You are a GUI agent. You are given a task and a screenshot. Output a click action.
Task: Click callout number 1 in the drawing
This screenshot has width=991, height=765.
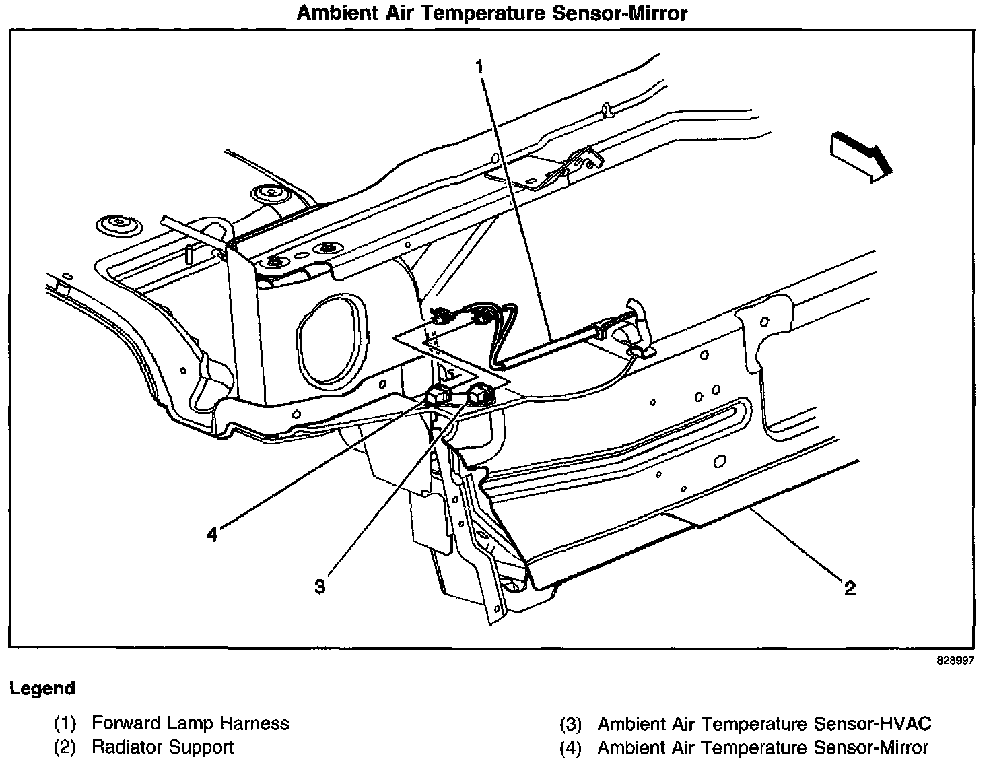(x=479, y=67)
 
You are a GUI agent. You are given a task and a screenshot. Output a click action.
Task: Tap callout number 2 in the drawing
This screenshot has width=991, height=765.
(x=850, y=589)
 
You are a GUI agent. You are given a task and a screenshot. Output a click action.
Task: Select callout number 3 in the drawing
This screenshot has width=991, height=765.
(x=320, y=586)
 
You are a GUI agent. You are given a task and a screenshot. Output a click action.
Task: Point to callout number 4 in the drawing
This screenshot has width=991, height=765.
(x=212, y=534)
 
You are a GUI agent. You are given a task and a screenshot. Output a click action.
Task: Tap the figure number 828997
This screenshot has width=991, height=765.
(x=955, y=660)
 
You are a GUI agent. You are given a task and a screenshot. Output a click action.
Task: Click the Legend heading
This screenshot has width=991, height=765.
(x=42, y=688)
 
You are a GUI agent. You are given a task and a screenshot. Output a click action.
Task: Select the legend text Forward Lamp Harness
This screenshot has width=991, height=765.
(x=190, y=723)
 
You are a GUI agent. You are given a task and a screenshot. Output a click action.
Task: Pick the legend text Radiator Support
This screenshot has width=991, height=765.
(x=163, y=747)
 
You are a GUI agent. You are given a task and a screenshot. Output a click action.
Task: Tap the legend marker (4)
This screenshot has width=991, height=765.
(x=571, y=748)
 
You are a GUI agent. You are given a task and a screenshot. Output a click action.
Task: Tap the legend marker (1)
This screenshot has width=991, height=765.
(x=65, y=724)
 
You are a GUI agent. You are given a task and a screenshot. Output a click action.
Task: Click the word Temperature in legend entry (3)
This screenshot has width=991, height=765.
(x=756, y=723)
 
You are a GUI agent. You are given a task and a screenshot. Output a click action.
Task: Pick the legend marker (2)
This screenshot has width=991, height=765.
(x=65, y=747)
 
